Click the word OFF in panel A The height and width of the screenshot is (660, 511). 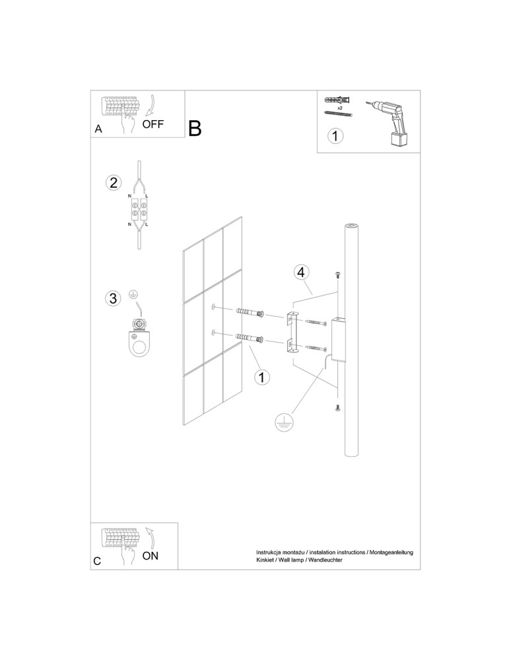tap(153, 124)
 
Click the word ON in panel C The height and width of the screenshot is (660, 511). tap(151, 556)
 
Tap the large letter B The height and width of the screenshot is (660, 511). tap(195, 128)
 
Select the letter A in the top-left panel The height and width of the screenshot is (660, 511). tap(98, 129)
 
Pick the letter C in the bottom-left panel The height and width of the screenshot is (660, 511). tap(97, 561)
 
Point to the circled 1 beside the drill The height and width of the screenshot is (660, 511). tap(335, 136)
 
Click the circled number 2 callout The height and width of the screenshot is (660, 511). tap(113, 183)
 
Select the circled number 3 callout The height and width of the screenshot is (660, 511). tap(113, 298)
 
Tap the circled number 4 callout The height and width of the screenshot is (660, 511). tap(300, 273)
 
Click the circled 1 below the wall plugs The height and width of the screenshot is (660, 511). tap(262, 377)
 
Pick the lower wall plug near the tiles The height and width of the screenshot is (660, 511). tap(251, 338)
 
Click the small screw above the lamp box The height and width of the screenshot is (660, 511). tap(337, 275)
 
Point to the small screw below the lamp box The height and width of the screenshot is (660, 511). tap(337, 407)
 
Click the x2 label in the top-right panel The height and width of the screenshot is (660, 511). tap(340, 108)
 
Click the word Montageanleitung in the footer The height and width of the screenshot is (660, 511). tap(391, 552)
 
